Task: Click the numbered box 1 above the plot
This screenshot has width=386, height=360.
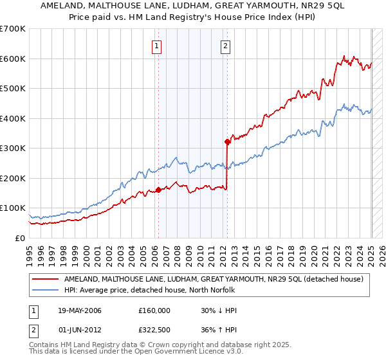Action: click(158, 46)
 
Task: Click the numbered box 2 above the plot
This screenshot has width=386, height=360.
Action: click(226, 46)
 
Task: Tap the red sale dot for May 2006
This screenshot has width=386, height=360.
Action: click(158, 190)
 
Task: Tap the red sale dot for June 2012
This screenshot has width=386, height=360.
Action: click(227, 141)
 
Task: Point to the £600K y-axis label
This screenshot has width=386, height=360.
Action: click(13, 59)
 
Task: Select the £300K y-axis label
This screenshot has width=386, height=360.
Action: click(13, 148)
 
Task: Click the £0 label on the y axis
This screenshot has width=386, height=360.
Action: click(21, 238)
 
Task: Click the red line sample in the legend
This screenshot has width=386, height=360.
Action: click(45, 279)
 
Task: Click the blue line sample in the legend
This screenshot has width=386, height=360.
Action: click(45, 290)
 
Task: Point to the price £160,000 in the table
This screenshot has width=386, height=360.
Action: click(154, 310)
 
